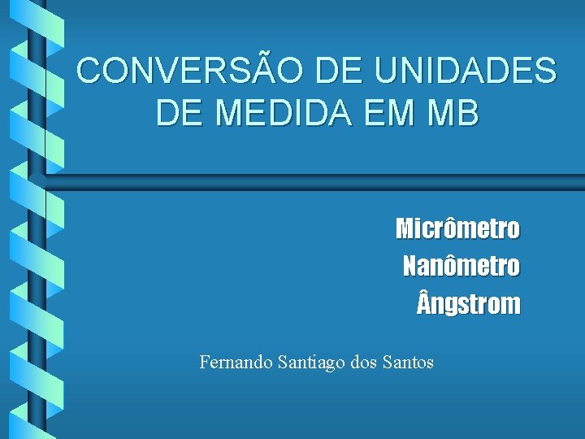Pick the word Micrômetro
coord(457,228)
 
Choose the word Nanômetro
coord(461,266)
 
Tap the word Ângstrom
coord(468,304)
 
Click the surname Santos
coord(408,363)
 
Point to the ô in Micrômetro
coord(453,228)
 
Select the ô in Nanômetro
coord(454,266)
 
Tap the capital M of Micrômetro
coord(405,228)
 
